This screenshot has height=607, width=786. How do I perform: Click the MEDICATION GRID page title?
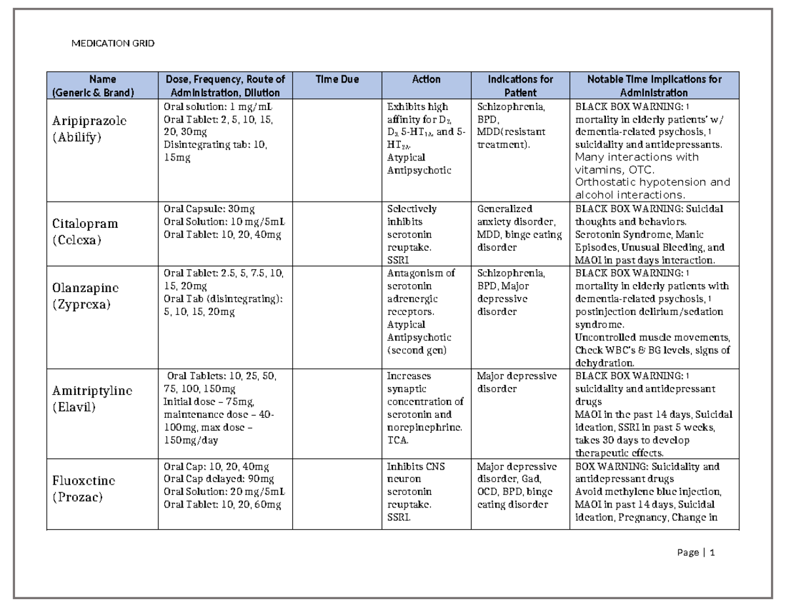[x=113, y=44]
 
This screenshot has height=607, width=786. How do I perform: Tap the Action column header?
[x=426, y=79]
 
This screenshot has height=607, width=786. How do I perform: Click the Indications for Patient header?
[x=520, y=86]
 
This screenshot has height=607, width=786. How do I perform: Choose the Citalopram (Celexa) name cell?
[x=86, y=231]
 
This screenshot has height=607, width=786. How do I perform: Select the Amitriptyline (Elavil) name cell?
[x=92, y=399]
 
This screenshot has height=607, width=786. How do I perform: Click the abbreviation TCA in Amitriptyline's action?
[x=397, y=440]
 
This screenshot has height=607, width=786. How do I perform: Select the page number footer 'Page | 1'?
[x=696, y=553]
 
